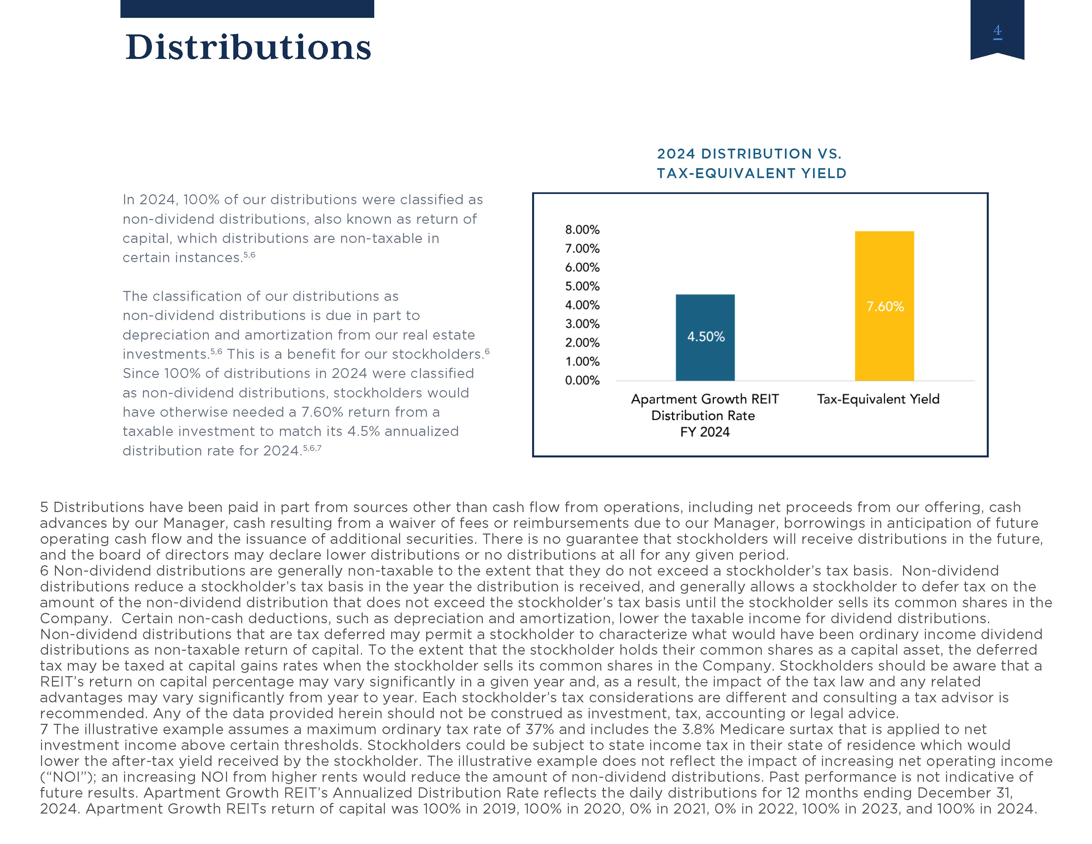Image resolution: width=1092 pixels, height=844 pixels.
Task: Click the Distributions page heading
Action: tap(248, 48)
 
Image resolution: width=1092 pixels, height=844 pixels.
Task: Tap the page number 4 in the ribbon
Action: tap(997, 31)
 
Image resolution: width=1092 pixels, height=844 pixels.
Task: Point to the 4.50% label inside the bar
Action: tap(705, 337)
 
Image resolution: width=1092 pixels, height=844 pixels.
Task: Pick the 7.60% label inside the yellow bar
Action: tap(885, 306)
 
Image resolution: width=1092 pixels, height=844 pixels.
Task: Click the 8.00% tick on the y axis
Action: tap(582, 229)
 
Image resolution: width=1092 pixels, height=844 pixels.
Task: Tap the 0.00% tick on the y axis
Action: tap(582, 381)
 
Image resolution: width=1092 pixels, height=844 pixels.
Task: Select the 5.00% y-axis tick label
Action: tap(582, 286)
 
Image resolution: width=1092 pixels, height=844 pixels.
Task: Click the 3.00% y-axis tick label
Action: tap(582, 324)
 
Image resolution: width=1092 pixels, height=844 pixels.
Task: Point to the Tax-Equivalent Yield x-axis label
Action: tap(878, 399)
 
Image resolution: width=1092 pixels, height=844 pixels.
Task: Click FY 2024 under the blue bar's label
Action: tap(705, 432)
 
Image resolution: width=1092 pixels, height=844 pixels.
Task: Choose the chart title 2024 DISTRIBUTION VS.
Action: tap(749, 154)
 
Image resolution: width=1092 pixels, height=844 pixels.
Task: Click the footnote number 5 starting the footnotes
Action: tap(44, 507)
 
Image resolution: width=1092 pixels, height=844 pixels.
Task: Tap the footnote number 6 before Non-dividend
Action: tap(44, 571)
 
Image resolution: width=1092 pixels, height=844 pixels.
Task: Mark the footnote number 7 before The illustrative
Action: tap(44, 729)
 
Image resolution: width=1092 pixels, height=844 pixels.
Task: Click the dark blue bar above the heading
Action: tap(247, 9)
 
